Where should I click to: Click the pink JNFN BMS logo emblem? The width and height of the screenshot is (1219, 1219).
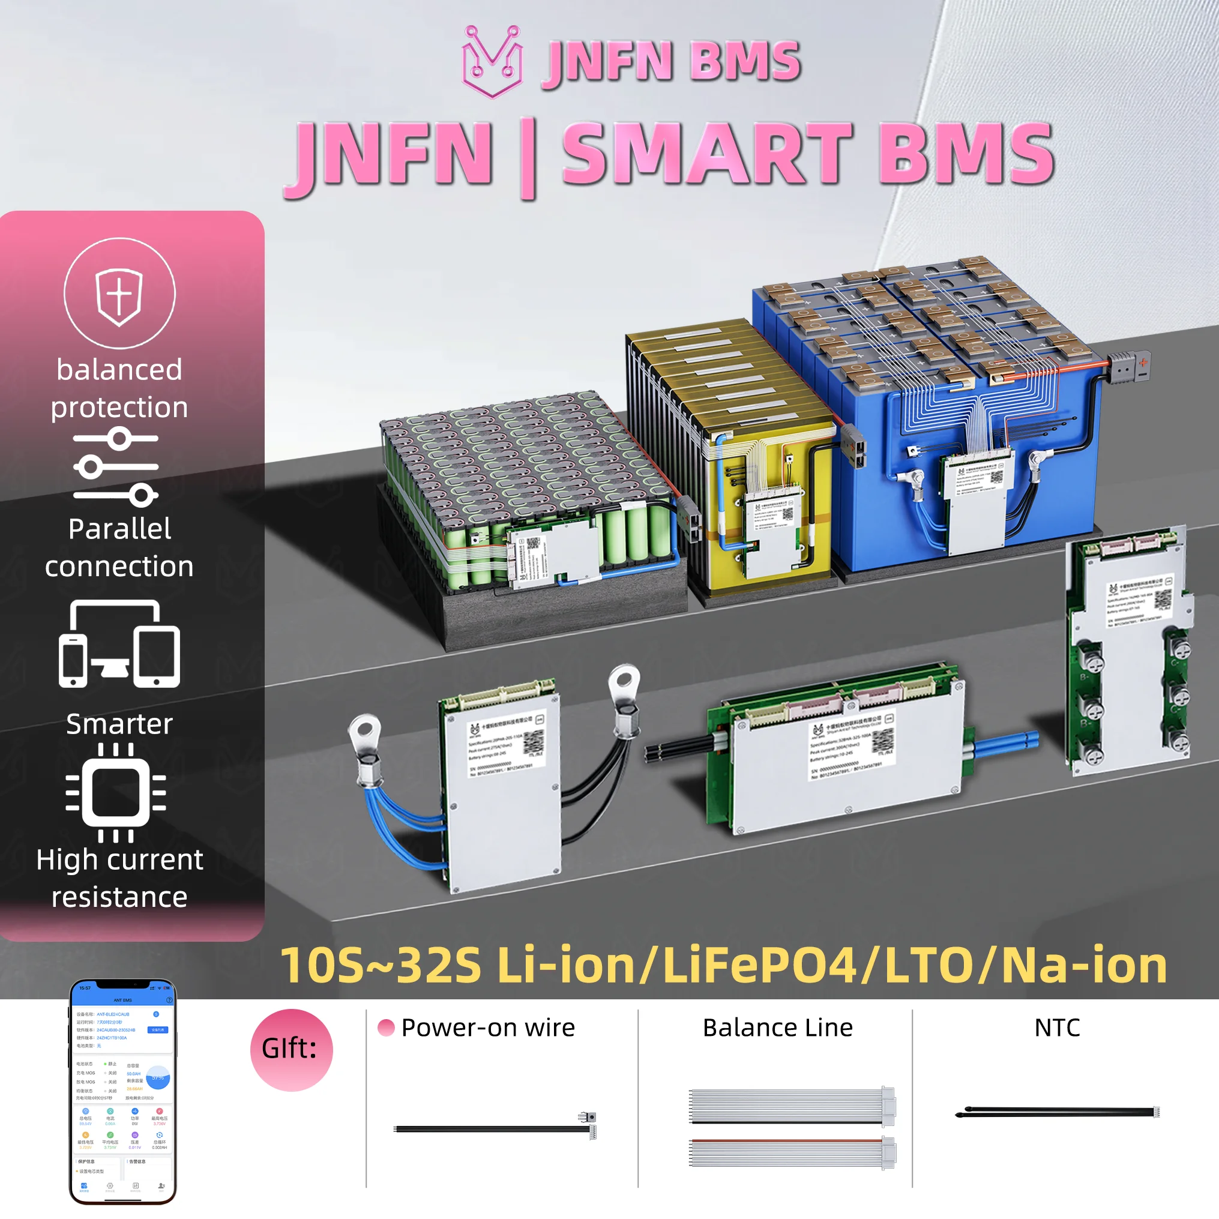[492, 61]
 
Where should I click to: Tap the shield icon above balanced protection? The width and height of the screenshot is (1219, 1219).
[119, 293]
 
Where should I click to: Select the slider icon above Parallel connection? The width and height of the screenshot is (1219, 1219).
[116, 467]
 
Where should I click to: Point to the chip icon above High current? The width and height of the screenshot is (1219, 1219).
[116, 792]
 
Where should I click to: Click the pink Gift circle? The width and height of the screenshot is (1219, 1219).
[292, 1049]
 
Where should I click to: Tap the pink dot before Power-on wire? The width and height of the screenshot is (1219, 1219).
[386, 1028]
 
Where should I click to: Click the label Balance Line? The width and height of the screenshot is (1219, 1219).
[777, 1028]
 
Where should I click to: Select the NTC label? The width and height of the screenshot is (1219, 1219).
[1057, 1028]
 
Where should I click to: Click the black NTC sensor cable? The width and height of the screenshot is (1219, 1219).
[1057, 1112]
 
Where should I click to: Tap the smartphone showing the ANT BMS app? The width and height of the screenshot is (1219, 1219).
[122, 1091]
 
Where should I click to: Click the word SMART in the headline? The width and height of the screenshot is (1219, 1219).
[706, 155]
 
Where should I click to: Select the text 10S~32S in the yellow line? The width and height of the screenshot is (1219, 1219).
[381, 965]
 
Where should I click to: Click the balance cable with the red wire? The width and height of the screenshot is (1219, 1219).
[792, 1153]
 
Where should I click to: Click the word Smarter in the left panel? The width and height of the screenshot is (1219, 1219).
[119, 724]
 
